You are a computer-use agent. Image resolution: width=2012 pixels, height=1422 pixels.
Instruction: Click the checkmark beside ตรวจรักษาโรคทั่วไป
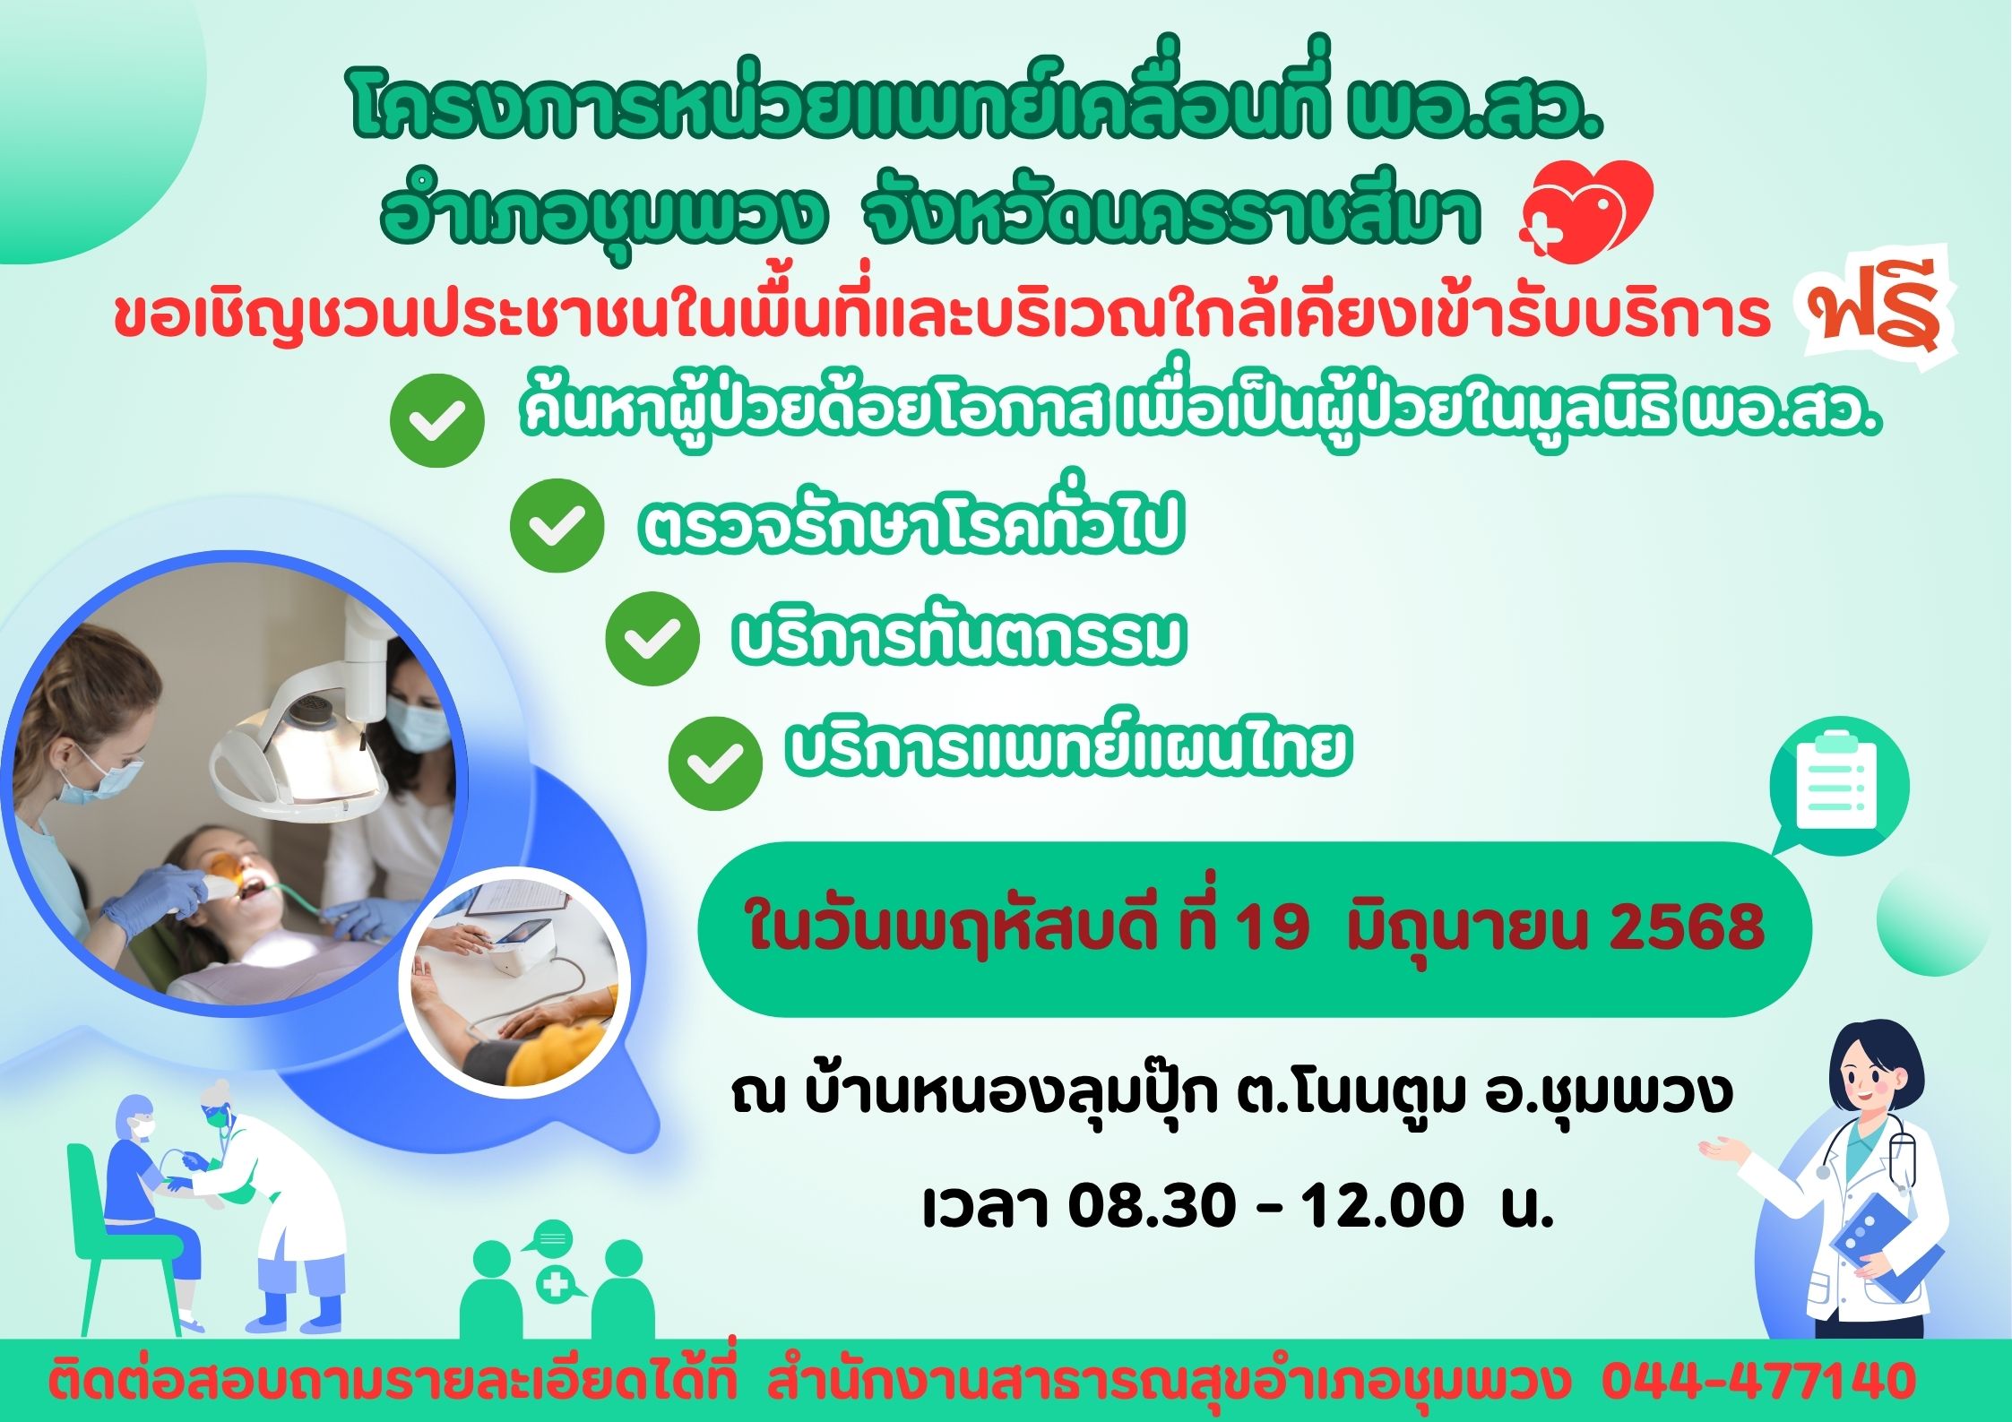(x=556, y=526)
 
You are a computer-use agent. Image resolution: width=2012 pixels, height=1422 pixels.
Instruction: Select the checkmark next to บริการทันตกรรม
(x=652, y=639)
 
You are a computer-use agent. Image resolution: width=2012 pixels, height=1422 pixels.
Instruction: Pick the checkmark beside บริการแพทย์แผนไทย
(x=715, y=763)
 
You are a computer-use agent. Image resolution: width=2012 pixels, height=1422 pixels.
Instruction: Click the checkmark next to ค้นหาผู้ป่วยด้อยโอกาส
(x=437, y=420)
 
